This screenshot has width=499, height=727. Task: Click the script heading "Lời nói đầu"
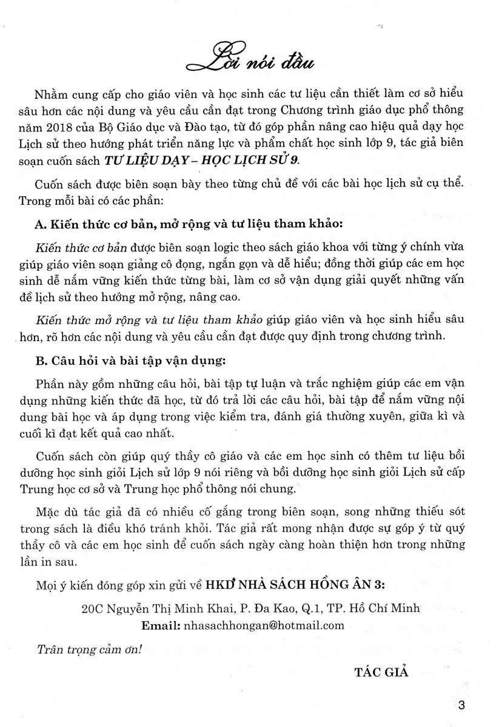point(249,59)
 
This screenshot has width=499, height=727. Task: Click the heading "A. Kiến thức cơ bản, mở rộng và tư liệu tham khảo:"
point(187,224)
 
